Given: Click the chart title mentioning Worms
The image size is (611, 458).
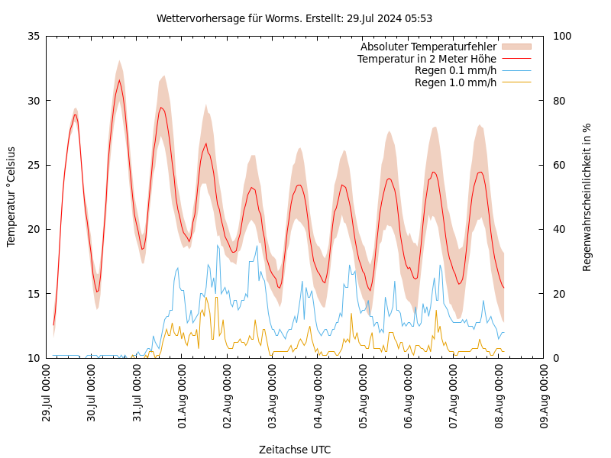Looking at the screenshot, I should pyautogui.click(x=294, y=18).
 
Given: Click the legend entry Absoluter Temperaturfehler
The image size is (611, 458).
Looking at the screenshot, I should pyautogui.click(x=428, y=47).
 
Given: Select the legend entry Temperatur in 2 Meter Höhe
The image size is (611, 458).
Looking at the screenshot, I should pyautogui.click(x=426, y=59).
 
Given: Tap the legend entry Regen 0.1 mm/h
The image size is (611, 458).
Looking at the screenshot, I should pyautogui.click(x=455, y=70).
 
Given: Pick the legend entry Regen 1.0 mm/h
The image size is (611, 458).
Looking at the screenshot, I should pyautogui.click(x=455, y=82).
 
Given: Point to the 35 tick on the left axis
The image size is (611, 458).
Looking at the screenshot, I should pyautogui.click(x=33, y=36).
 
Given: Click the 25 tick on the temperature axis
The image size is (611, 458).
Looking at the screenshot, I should pyautogui.click(x=33, y=165).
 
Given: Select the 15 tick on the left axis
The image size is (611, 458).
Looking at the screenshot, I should pyautogui.click(x=33, y=294).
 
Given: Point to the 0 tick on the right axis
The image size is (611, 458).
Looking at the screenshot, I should pyautogui.click(x=555, y=358).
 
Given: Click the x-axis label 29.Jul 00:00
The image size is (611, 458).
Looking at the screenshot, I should pyautogui.click(x=47, y=393).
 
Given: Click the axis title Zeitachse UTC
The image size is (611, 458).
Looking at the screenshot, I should pyautogui.click(x=295, y=450).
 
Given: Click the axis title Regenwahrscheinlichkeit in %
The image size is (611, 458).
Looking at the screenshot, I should pyautogui.click(x=587, y=197).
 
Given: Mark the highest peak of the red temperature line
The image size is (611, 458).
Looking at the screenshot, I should pyautogui.click(x=119, y=80).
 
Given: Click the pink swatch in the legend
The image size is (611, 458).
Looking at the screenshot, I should pyautogui.click(x=516, y=47).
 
